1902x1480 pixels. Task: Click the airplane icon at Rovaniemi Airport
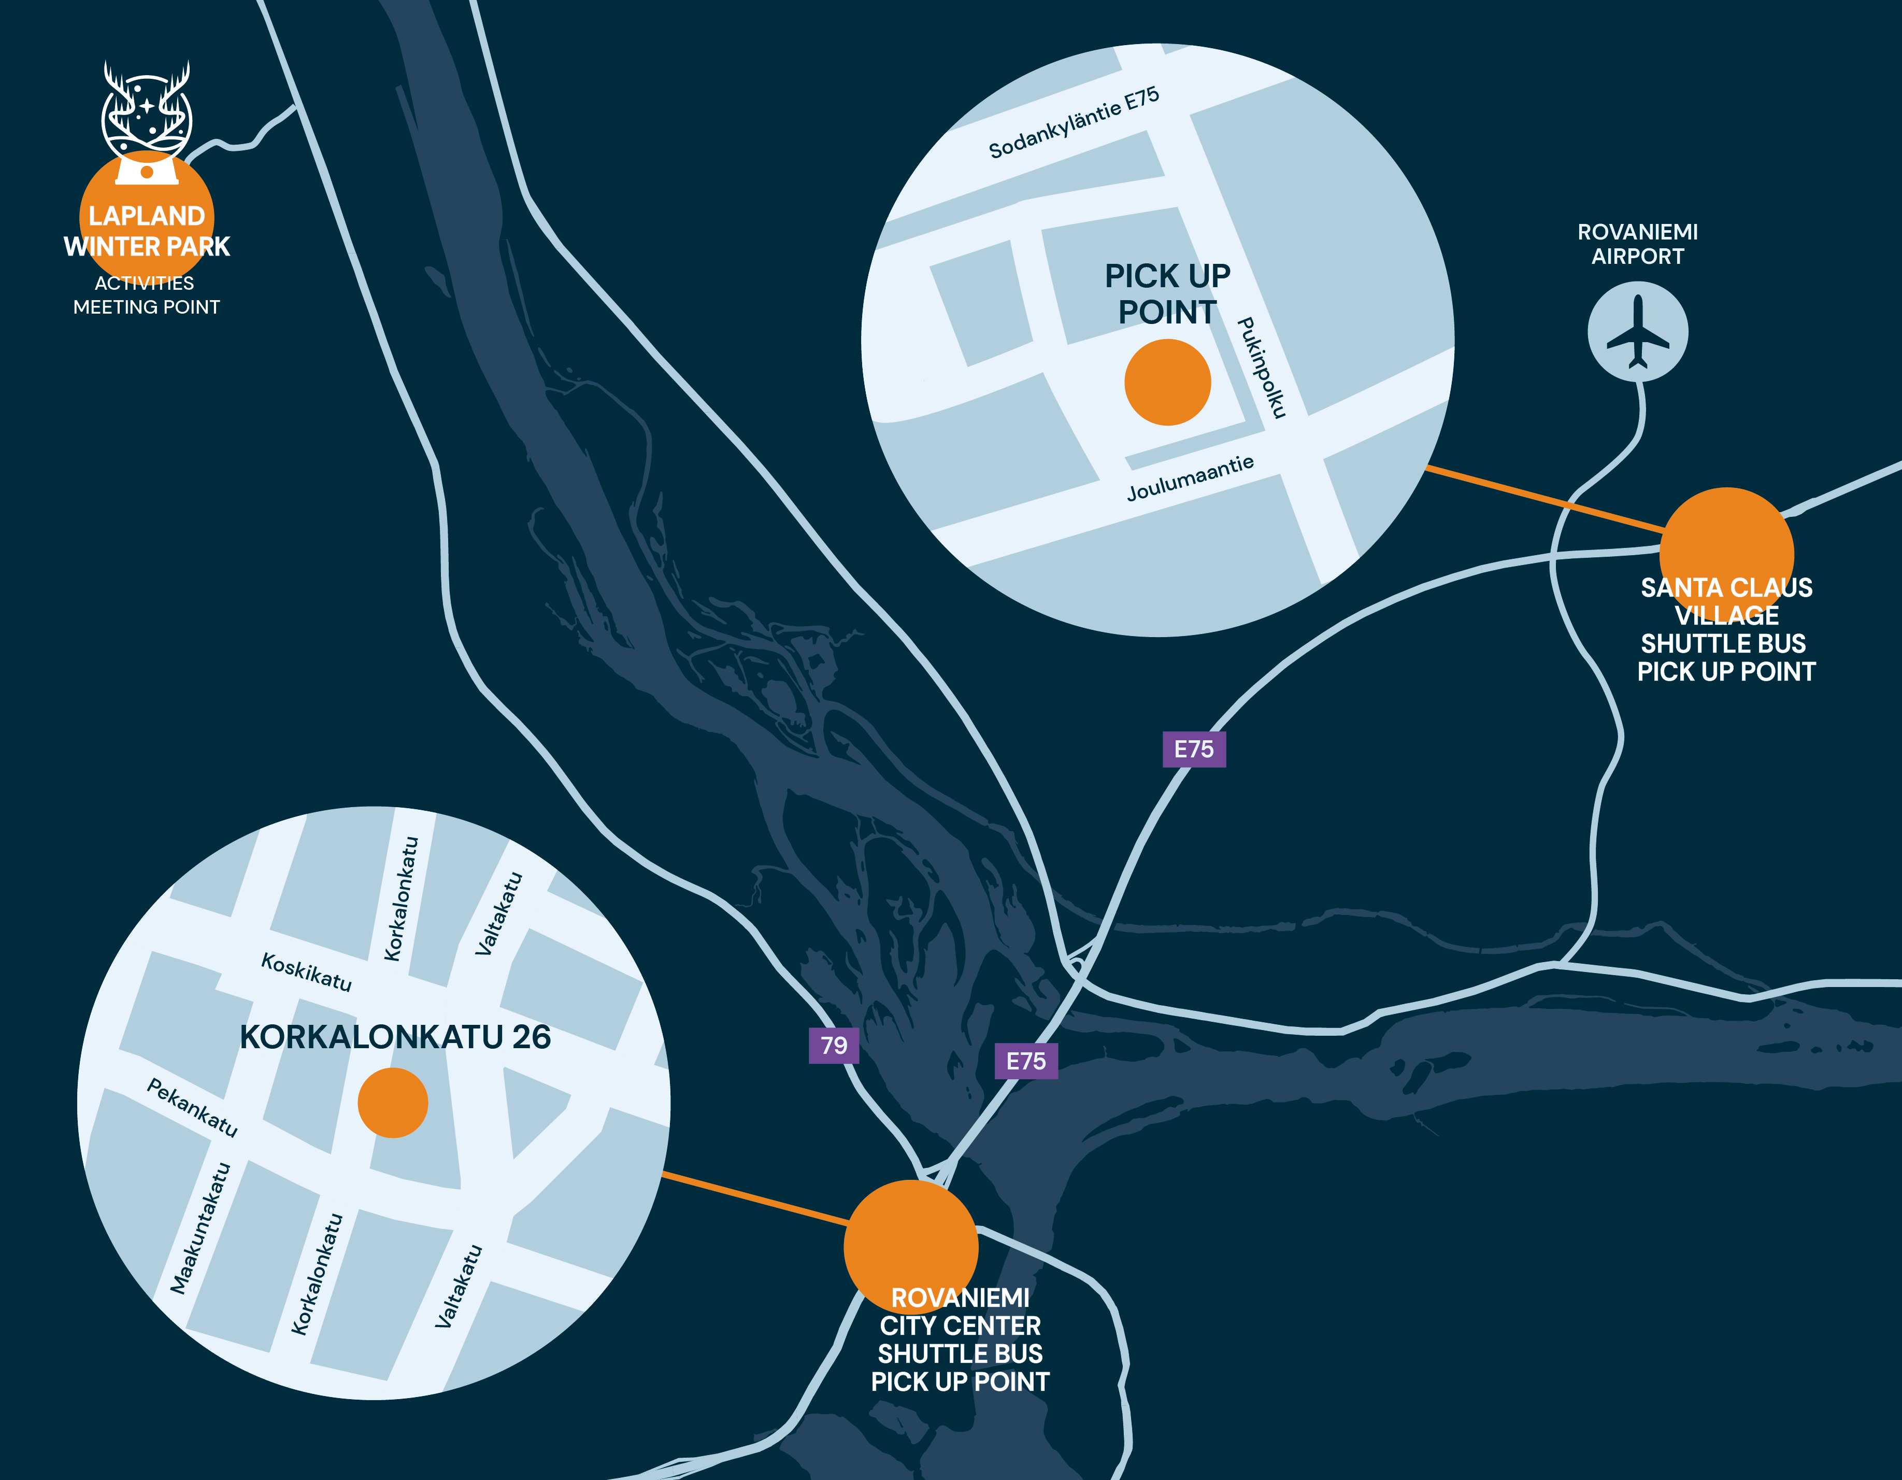pyautogui.click(x=1637, y=332)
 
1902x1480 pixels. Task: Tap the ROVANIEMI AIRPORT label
pyautogui.click(x=1637, y=244)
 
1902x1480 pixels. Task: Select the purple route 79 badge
pyautogui.click(x=834, y=1045)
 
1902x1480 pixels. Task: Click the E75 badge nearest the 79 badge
pyautogui.click(x=1026, y=1061)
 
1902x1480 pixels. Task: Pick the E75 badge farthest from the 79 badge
pyautogui.click(x=1194, y=749)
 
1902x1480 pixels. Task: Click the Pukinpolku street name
pyautogui.click(x=1261, y=368)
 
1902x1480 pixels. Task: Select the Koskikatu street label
pyautogui.click(x=307, y=972)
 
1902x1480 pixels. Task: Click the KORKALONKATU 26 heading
pyautogui.click(x=395, y=1037)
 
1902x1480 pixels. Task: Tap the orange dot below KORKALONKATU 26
pyautogui.click(x=393, y=1103)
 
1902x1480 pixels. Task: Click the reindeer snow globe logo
pyautogui.click(x=146, y=122)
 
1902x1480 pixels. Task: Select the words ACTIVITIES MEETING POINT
pyautogui.click(x=146, y=294)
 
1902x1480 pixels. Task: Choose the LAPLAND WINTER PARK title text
pyautogui.click(x=146, y=231)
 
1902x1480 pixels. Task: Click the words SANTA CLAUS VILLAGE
pyautogui.click(x=1726, y=601)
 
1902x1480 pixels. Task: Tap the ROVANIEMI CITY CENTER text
pyautogui.click(x=960, y=1312)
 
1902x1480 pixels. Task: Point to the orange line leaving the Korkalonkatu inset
pyautogui.click(x=754, y=1199)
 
